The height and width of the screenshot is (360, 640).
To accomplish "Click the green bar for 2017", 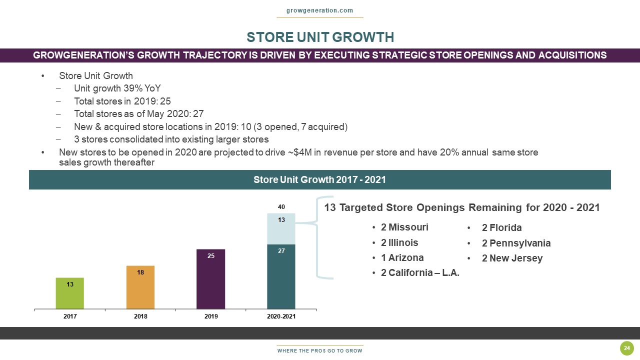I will [x=69, y=293].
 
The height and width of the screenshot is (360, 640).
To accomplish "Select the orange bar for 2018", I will [x=140, y=287].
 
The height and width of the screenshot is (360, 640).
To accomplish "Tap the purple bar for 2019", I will [x=210, y=279].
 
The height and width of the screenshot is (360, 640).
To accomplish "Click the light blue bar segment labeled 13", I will [x=281, y=229].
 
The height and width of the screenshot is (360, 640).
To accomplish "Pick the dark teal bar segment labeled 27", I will [x=281, y=276].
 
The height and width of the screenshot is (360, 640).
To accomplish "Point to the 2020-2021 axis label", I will [x=281, y=317].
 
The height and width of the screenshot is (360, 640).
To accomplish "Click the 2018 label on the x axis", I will [x=140, y=317].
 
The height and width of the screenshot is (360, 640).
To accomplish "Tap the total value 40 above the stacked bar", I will [x=281, y=206].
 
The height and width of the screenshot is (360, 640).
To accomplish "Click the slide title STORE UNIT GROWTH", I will [x=320, y=37].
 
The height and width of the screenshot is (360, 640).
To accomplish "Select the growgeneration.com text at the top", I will [x=320, y=10].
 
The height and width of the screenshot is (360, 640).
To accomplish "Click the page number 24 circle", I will [x=626, y=348].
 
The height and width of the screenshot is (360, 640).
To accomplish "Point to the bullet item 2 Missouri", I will [x=404, y=227].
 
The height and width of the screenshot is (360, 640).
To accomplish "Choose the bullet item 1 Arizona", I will [x=401, y=258].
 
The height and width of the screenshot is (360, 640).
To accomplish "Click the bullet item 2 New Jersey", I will [x=511, y=258].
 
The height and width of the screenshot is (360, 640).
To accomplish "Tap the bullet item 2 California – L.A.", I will [x=419, y=273].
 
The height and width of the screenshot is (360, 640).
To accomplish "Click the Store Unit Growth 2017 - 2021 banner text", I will [x=320, y=179].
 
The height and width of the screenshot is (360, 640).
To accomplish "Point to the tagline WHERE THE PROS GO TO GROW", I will [x=320, y=351].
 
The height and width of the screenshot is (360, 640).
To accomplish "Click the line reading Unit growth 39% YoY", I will [x=117, y=88].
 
